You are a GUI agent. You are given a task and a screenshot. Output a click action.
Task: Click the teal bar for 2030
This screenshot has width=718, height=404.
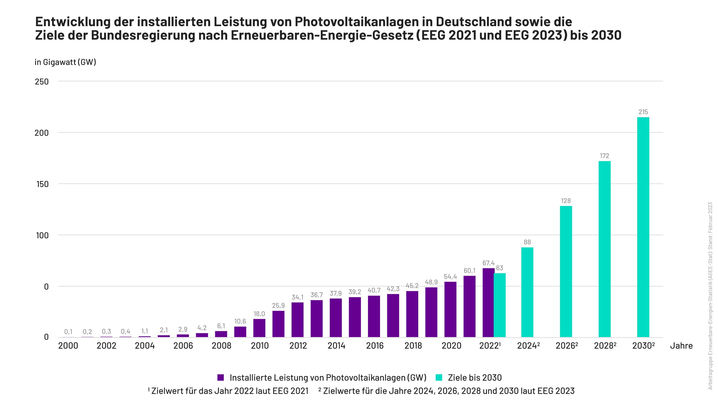[x=643, y=227]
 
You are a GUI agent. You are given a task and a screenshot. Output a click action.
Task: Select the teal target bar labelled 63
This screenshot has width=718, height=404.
[x=500, y=305]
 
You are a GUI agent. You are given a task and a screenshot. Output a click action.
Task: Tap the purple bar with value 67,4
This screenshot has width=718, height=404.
[x=488, y=302]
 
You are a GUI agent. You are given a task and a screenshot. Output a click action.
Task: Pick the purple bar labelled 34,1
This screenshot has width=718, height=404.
[x=297, y=320]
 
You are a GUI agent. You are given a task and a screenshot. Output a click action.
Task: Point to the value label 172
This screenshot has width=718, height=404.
[x=605, y=156]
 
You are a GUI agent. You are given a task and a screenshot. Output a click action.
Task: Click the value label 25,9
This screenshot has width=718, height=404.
[x=278, y=305]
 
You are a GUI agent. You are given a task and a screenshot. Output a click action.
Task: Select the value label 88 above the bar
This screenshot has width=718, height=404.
[x=527, y=242]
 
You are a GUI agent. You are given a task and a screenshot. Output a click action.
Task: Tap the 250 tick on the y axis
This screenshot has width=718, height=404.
[x=42, y=82]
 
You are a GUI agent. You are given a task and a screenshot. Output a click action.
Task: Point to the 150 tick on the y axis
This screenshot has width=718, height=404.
[x=42, y=184]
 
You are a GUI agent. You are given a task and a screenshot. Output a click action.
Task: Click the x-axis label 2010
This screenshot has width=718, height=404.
[x=260, y=346]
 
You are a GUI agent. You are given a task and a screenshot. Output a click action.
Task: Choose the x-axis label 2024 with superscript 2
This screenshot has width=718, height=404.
[x=528, y=346]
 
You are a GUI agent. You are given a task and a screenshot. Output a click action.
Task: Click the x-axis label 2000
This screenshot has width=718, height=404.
[x=68, y=346]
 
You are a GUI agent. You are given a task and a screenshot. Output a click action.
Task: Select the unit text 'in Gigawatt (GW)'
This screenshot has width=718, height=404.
[x=65, y=62]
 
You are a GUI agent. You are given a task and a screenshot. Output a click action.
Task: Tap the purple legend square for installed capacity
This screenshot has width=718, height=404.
[x=221, y=378]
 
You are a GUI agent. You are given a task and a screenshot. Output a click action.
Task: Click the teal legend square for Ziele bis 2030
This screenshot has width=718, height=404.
[x=439, y=378]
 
